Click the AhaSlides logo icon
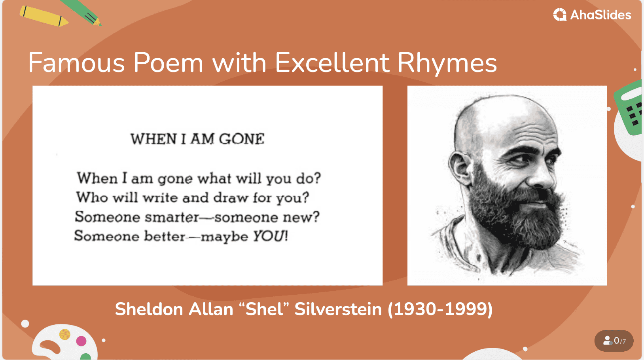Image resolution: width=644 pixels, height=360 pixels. [x=560, y=15]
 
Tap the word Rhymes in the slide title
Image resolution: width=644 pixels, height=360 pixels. [x=447, y=63]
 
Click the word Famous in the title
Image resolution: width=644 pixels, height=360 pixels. [x=76, y=63]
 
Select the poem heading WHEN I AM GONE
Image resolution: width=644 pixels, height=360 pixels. [x=197, y=139]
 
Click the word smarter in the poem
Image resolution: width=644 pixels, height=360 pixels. [x=172, y=217]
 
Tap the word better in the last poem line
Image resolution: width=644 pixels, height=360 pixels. [x=165, y=236]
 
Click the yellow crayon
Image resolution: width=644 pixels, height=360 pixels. [x=44, y=16]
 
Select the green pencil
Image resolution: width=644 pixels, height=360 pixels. [x=82, y=12]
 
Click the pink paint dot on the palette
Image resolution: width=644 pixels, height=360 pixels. [x=81, y=341]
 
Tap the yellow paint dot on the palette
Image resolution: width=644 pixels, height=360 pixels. [x=65, y=334]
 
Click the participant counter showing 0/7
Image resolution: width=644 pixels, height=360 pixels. [x=614, y=341]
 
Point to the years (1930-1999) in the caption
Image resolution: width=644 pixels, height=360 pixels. [x=440, y=309]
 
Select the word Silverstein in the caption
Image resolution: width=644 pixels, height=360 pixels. [x=338, y=309]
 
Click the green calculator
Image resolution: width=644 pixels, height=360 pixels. [x=630, y=108]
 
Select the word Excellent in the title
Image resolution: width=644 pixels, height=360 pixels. [x=332, y=63]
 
